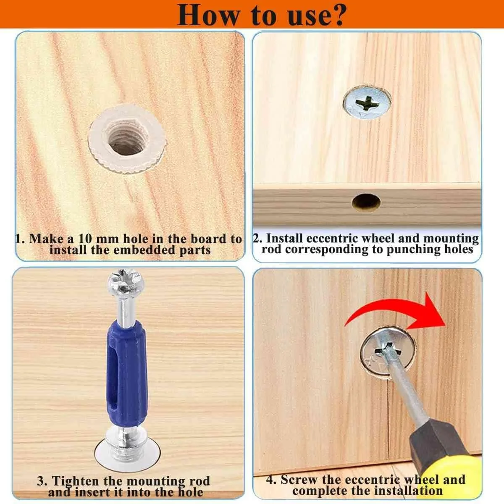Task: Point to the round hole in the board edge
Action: [x=366, y=202]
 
